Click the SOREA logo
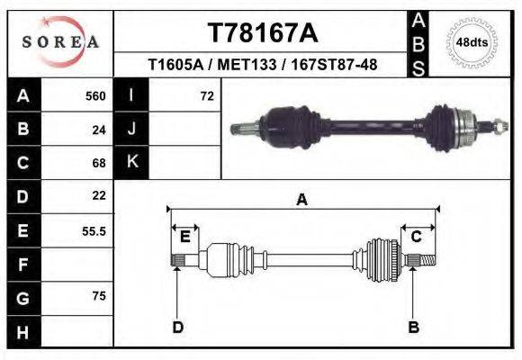pyautogui.click(x=60, y=41)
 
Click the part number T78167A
pyautogui.click(x=262, y=33)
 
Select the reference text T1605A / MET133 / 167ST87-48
pyautogui.click(x=262, y=65)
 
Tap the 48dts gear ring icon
pyautogui.click(x=472, y=42)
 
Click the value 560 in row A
pyautogui.click(x=95, y=95)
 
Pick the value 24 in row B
pyautogui.click(x=99, y=129)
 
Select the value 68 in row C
pyautogui.click(x=99, y=163)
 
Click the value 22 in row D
pyautogui.click(x=99, y=195)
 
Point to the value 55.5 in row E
pyautogui.click(x=94, y=230)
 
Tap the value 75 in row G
pyautogui.click(x=99, y=296)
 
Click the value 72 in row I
pyautogui.click(x=206, y=95)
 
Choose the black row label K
pyautogui.click(x=131, y=162)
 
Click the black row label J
pyautogui.click(x=131, y=129)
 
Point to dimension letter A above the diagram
pyautogui.click(x=301, y=200)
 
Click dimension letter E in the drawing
pyautogui.click(x=184, y=237)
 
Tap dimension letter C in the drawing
pyautogui.click(x=417, y=237)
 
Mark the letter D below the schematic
pyautogui.click(x=177, y=327)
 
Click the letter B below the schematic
pyautogui.click(x=414, y=327)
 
